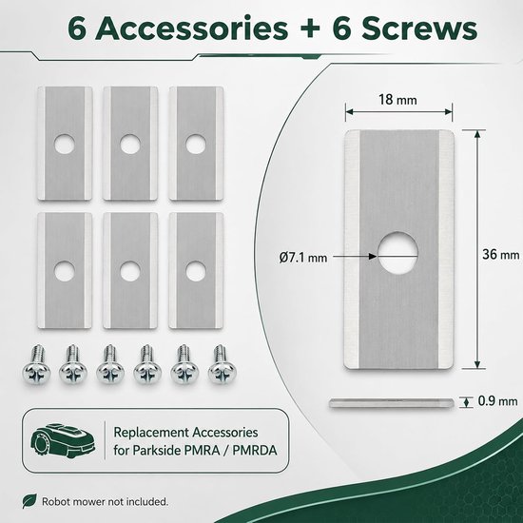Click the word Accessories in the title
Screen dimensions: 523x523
[191, 29]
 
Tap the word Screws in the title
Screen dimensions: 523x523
[419, 29]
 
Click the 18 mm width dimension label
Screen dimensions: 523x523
[397, 100]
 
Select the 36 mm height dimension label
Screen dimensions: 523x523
[500, 255]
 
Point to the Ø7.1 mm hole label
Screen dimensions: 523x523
[302, 258]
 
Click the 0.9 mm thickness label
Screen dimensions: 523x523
[497, 401]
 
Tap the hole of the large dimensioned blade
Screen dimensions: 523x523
[397, 253]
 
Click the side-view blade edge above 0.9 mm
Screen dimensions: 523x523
[392, 403]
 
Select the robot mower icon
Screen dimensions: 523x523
[63, 440]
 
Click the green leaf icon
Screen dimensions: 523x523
[29, 501]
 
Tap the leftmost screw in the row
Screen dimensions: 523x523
[36, 364]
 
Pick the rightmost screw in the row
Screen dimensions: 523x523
[223, 364]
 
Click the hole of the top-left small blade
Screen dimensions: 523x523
[64, 145]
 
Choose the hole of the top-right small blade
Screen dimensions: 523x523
[196, 145]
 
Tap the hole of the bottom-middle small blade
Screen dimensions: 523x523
[130, 271]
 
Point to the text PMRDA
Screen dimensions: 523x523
[255, 451]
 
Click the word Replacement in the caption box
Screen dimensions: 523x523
[150, 433]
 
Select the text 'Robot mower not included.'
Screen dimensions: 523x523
[105, 501]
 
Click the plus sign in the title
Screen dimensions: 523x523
[310, 29]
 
